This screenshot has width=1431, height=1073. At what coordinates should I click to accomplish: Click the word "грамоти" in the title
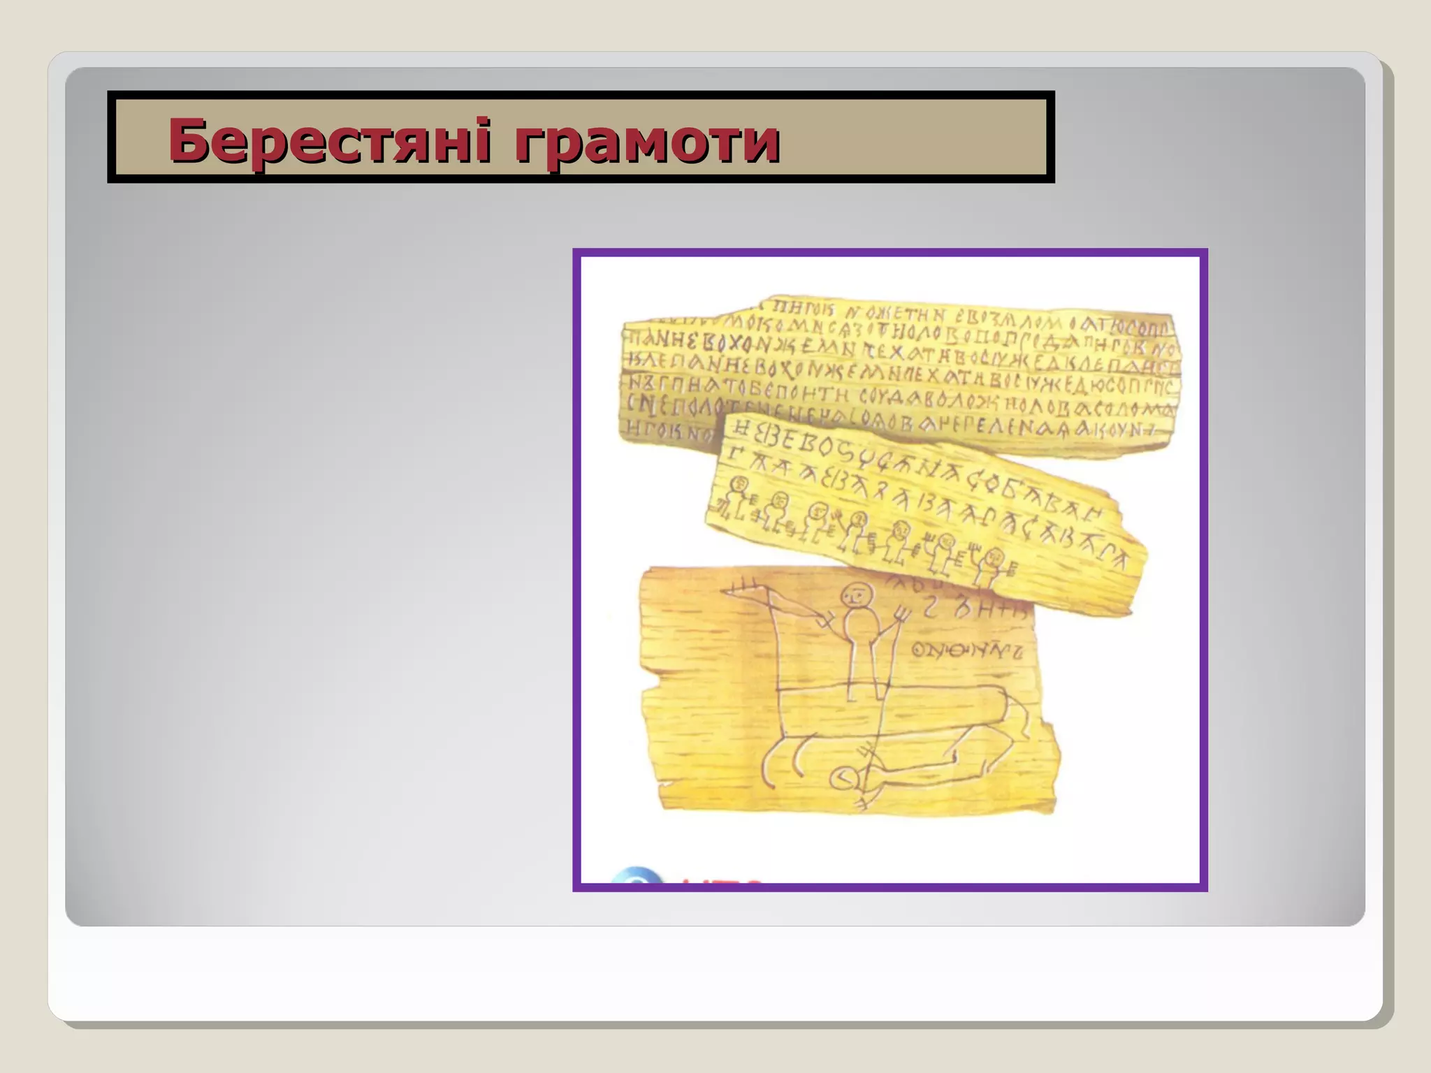646,142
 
